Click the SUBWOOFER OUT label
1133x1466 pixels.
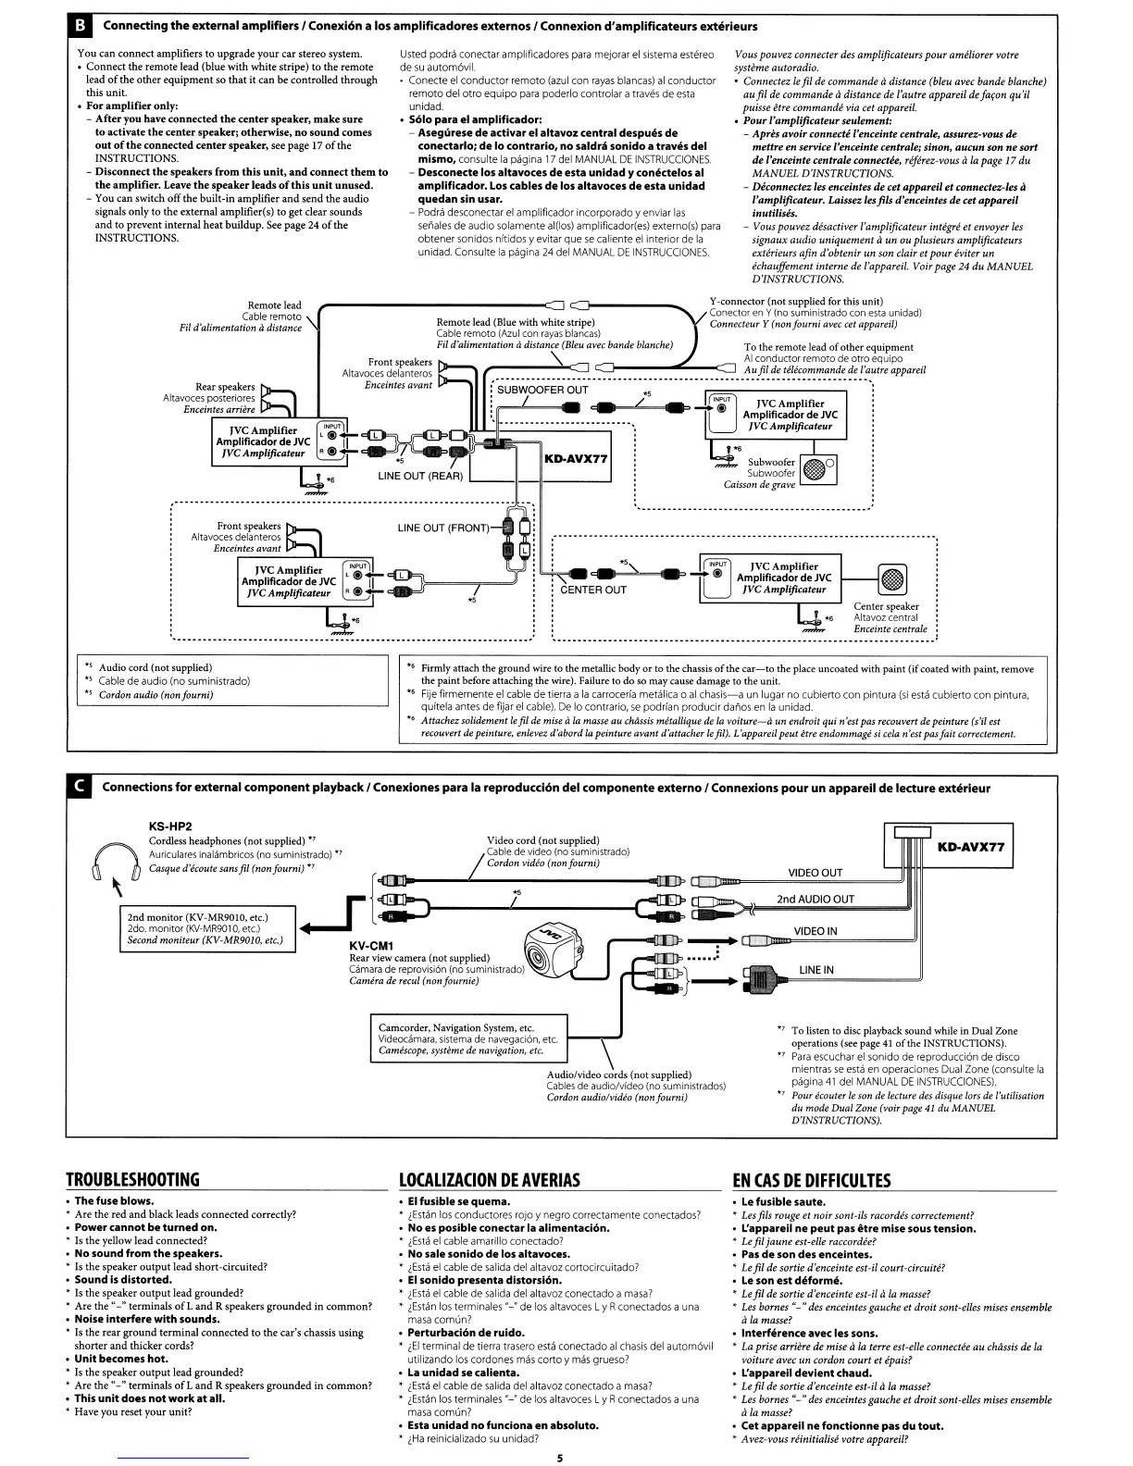click(x=542, y=390)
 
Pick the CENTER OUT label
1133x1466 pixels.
click(x=593, y=590)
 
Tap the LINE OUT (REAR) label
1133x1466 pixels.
click(x=420, y=476)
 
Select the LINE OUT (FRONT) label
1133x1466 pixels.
click(x=444, y=528)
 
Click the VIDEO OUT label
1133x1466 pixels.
click(x=815, y=872)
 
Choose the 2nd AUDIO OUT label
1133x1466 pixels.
click(x=815, y=899)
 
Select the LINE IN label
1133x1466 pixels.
click(x=816, y=970)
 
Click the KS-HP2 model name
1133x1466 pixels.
click(x=170, y=826)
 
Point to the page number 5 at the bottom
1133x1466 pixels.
click(x=560, y=1459)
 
